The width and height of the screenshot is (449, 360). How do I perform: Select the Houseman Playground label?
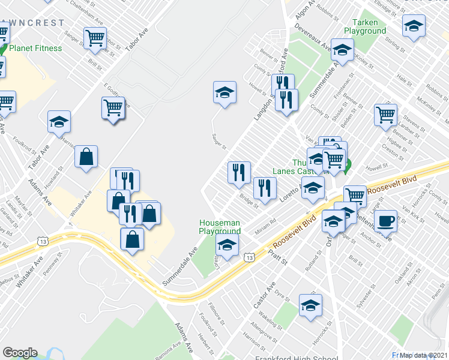tap(220, 226)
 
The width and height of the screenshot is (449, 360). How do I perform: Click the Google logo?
tap(19, 353)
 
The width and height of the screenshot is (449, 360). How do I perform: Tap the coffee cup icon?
tap(386, 220)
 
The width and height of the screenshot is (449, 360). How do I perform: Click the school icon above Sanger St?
tap(224, 92)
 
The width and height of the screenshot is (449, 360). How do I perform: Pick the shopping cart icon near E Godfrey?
tap(113, 108)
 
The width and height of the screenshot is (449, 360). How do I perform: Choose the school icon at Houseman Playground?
tap(227, 244)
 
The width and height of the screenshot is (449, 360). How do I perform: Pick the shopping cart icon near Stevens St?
tap(385, 114)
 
